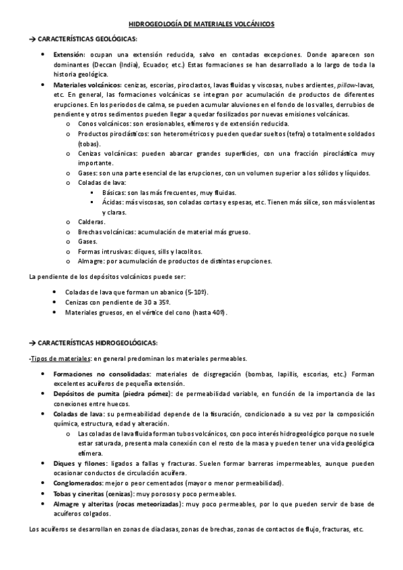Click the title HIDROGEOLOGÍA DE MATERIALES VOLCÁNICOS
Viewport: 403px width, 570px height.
(201, 24)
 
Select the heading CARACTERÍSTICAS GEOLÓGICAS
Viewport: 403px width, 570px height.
(83, 39)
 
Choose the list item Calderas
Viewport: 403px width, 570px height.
(91, 222)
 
